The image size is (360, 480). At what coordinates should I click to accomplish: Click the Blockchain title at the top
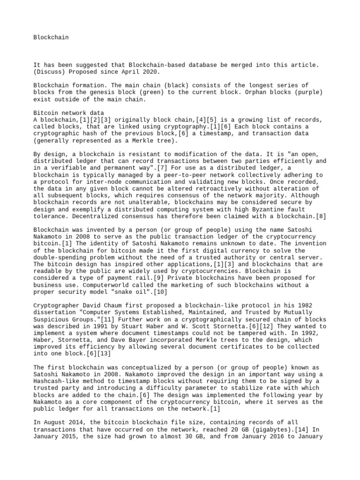click(x=51, y=37)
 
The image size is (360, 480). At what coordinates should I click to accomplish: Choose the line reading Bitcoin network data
click(x=69, y=113)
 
